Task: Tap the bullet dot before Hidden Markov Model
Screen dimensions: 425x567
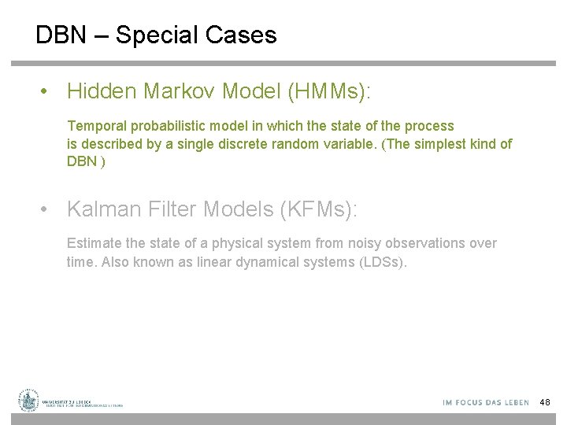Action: (47, 93)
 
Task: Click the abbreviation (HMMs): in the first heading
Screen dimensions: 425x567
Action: (329, 92)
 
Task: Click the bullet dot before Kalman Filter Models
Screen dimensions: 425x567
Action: (47, 210)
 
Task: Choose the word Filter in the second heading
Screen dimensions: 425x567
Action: (169, 209)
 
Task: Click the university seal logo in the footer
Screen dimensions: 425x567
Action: (29, 401)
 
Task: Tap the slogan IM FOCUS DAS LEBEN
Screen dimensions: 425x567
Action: (486, 403)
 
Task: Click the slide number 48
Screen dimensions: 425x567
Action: (545, 403)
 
